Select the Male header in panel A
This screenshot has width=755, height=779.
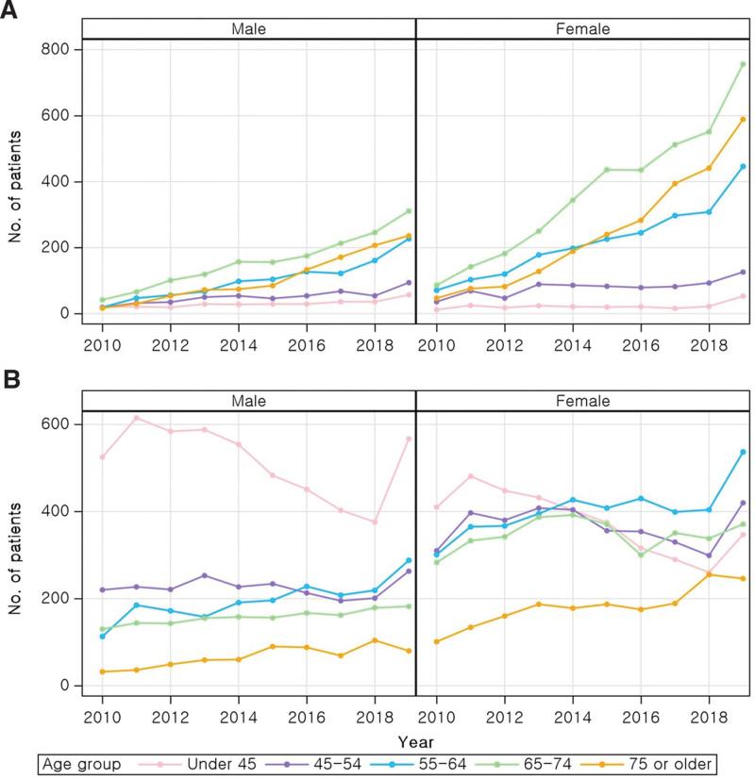[248, 28]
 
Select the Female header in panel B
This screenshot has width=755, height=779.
[582, 401]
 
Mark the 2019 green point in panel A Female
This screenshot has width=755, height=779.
[743, 64]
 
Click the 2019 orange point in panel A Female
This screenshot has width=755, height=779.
[743, 119]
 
